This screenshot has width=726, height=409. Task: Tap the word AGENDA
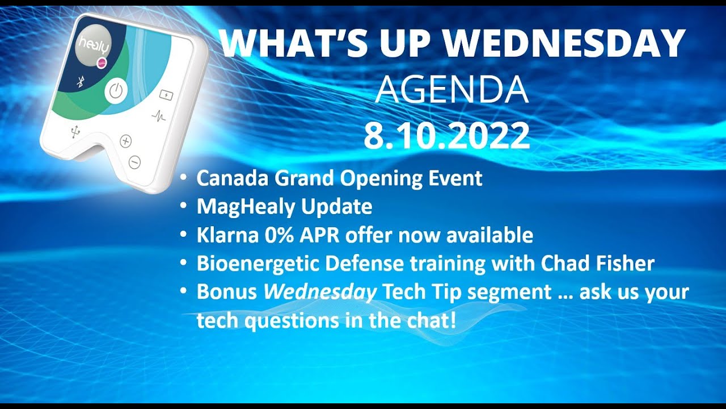451,90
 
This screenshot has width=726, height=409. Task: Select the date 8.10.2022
446,136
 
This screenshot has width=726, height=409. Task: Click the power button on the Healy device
116,91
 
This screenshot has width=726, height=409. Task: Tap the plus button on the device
125,141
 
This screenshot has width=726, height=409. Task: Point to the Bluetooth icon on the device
80,82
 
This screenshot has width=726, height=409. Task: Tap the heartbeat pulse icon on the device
159,116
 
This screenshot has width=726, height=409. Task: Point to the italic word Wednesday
320,292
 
